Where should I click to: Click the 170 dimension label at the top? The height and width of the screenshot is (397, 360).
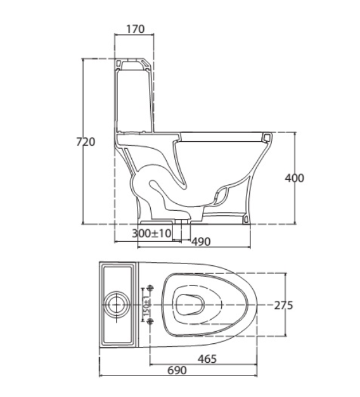pyautogui.click(x=136, y=29)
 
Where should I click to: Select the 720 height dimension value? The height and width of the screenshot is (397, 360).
pyautogui.click(x=86, y=142)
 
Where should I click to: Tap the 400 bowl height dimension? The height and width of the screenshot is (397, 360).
pyautogui.click(x=294, y=178)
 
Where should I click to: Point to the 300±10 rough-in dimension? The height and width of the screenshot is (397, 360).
pyautogui.click(x=151, y=233)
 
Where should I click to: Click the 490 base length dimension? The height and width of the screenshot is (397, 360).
pyautogui.click(x=201, y=241)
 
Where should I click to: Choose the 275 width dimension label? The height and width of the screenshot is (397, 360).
pyautogui.click(x=284, y=305)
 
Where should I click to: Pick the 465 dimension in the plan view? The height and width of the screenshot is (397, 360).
pyautogui.click(x=207, y=359)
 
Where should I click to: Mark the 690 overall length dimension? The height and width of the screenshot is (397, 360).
pyautogui.click(x=177, y=370)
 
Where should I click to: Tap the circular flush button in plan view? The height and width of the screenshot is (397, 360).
pyautogui.click(x=117, y=305)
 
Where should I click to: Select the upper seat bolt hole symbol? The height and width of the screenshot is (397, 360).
pyautogui.click(x=151, y=288)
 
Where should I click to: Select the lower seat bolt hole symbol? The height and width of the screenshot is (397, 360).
pyautogui.click(x=151, y=322)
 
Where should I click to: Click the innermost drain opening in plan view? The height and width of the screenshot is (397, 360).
pyautogui.click(x=190, y=305)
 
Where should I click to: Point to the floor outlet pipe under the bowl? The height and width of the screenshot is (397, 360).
pyautogui.click(x=181, y=230)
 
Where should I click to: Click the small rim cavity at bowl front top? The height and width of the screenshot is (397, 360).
pyautogui.click(x=266, y=137)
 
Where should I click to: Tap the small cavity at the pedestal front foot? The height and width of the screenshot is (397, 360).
pyautogui.click(x=246, y=218)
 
